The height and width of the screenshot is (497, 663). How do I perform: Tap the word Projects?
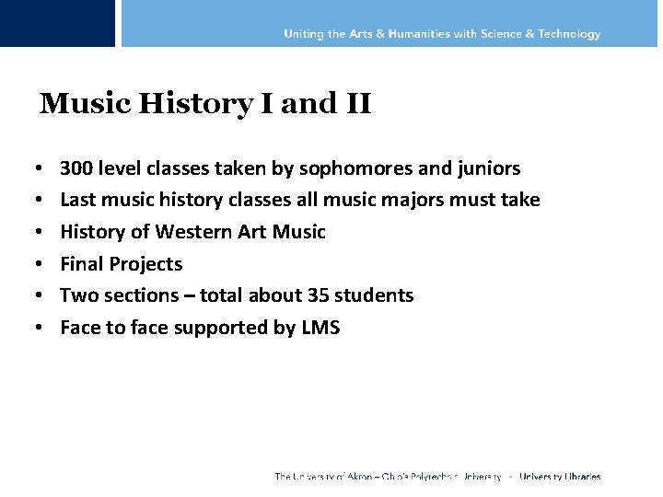click(145, 264)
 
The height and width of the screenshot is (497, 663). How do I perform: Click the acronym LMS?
click(320, 327)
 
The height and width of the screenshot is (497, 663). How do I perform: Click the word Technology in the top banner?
click(568, 34)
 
